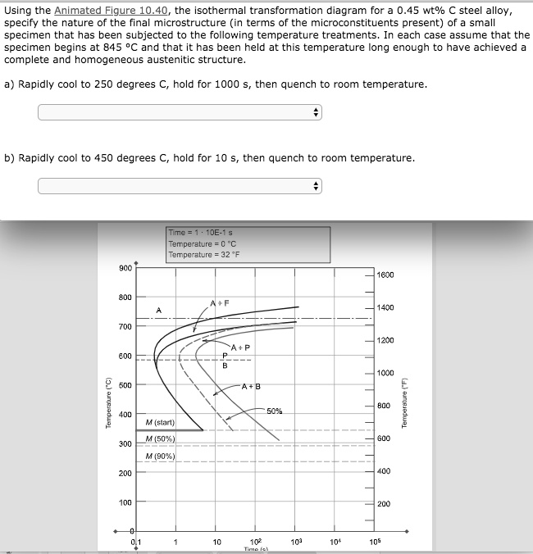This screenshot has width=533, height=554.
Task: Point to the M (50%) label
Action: (160, 439)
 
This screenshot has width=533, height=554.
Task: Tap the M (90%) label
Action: (160, 456)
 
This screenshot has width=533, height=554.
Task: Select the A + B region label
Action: (250, 386)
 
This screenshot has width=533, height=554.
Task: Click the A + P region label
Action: (240, 348)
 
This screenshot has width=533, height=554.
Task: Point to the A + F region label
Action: (219, 302)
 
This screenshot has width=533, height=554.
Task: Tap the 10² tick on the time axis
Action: (254, 542)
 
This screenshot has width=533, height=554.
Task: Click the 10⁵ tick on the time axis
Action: (375, 542)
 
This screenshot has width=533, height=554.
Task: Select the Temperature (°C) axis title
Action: (105, 402)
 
